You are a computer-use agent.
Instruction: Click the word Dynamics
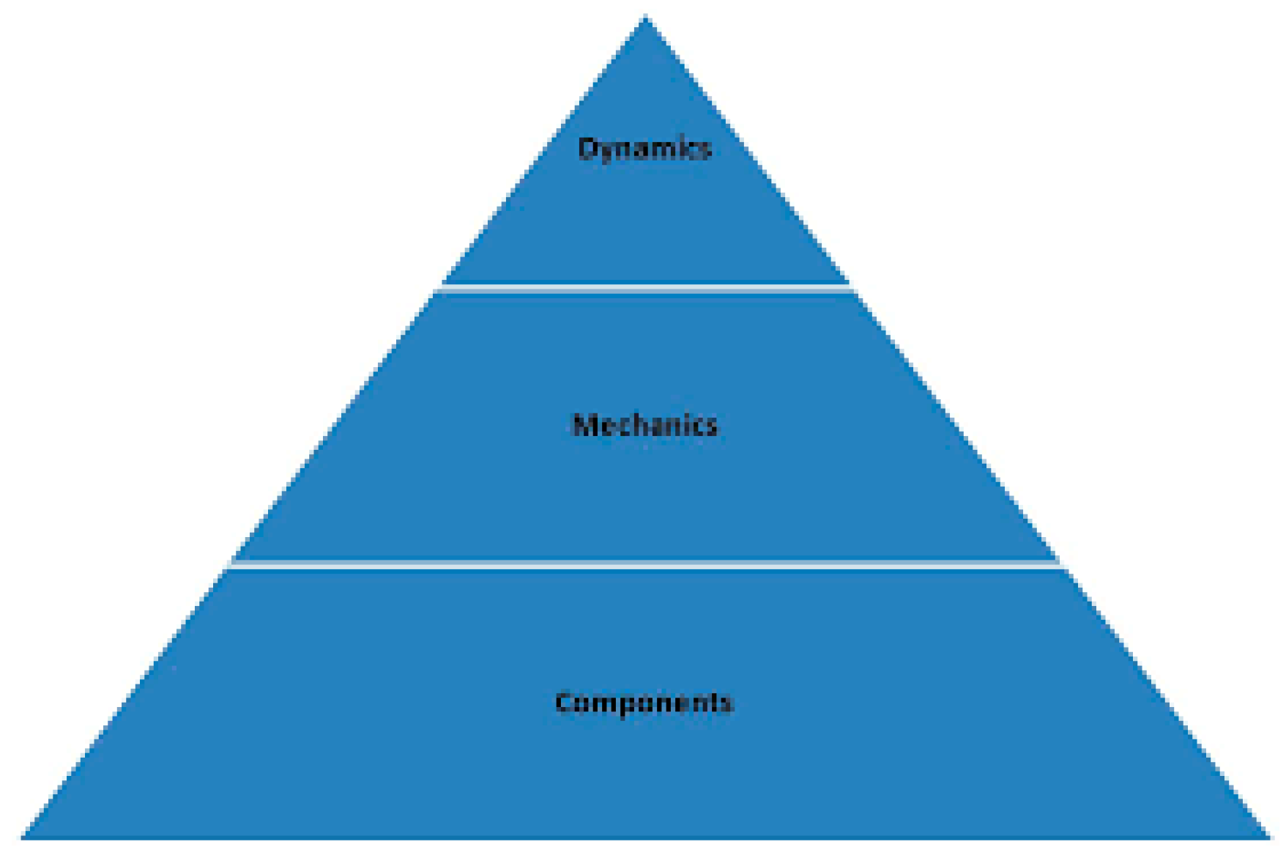[x=644, y=149]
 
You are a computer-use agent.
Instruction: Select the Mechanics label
[x=644, y=425]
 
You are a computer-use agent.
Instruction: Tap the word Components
[x=644, y=702]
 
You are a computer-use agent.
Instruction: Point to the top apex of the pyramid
[x=645, y=18]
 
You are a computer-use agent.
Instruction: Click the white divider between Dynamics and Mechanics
[x=644, y=289]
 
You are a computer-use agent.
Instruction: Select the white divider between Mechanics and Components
[x=644, y=565]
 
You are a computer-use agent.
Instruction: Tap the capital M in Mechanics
[x=583, y=425]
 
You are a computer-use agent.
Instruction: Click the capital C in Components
[x=563, y=702]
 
